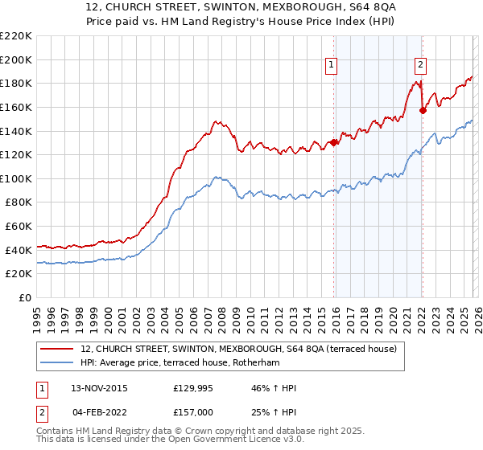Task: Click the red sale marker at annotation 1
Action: tap(333, 143)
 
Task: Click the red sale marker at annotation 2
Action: tap(423, 111)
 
